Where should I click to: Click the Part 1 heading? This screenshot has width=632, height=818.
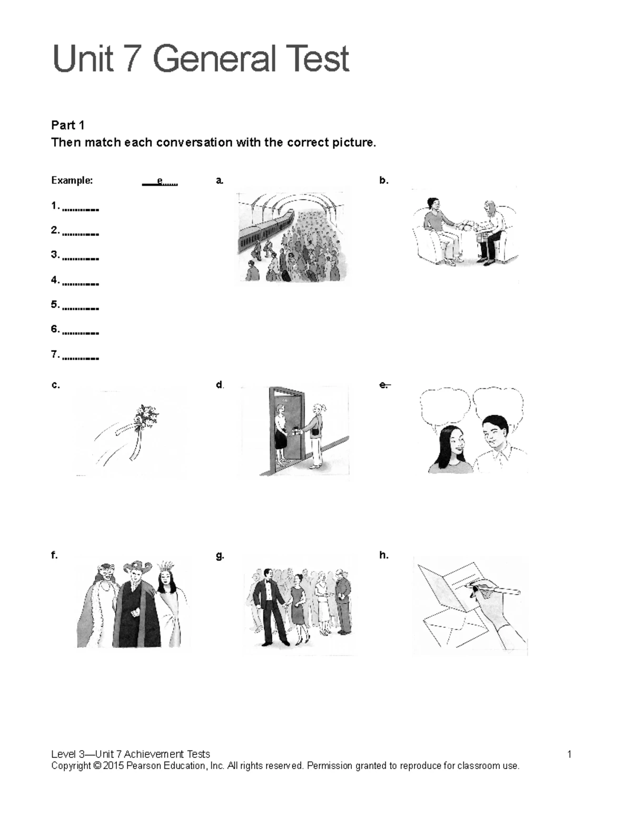[67, 125]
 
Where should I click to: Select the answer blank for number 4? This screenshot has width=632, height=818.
[80, 282]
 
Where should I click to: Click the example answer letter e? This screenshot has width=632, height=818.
[160, 182]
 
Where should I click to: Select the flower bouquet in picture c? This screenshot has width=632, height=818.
[145, 419]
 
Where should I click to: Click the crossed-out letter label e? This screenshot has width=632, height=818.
[384, 385]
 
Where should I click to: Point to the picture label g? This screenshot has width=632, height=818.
[220, 555]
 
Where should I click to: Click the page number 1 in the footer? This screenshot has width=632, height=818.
[569, 754]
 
